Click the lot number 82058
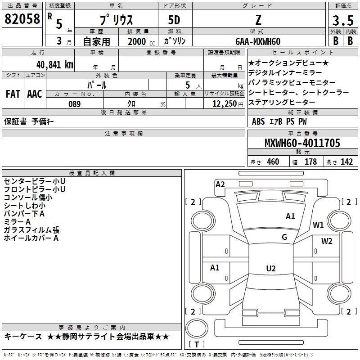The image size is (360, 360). click(22, 18)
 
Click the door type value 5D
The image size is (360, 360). click(175, 21)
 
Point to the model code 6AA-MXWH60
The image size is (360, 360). click(259, 41)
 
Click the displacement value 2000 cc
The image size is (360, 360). click(137, 41)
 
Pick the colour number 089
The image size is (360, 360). click(74, 104)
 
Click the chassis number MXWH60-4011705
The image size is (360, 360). click(302, 143)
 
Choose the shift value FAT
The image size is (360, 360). click(13, 94)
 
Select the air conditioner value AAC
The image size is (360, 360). click(34, 94)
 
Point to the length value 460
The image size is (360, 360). click(273, 162)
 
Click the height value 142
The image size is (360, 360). click(346, 162)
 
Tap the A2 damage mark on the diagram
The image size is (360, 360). click(220, 184)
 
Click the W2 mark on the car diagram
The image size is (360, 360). click(327, 241)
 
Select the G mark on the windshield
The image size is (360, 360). click(284, 237)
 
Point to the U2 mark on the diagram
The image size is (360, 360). click(270, 269)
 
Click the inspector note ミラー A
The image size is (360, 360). click(17, 222)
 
